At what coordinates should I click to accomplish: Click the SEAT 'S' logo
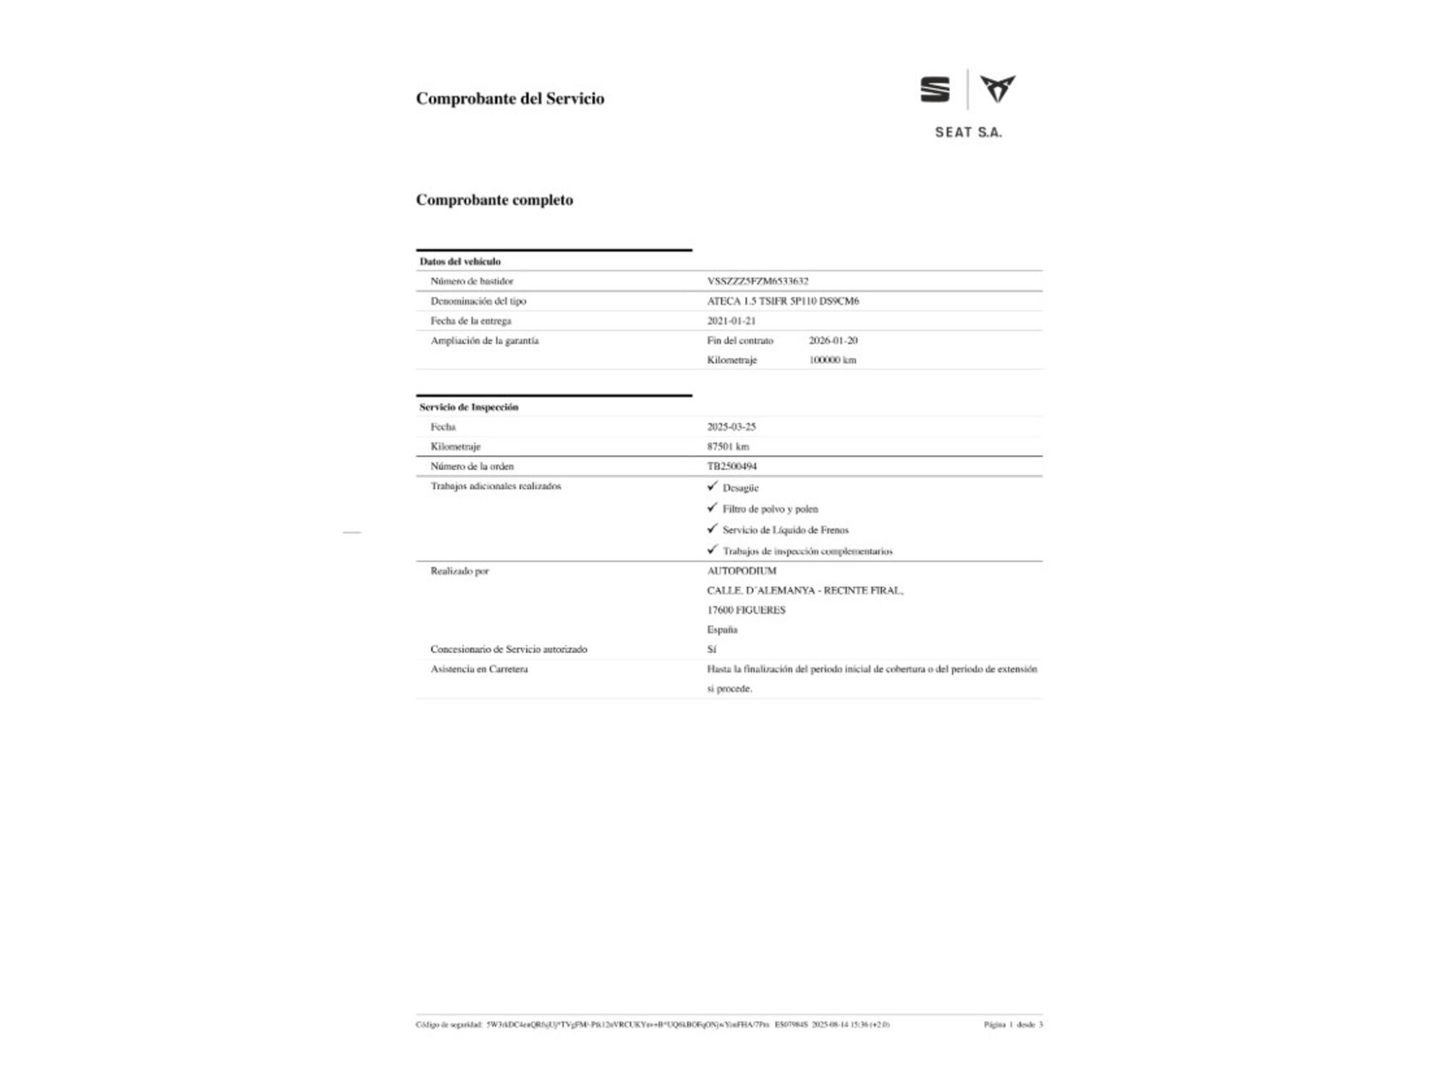(x=935, y=90)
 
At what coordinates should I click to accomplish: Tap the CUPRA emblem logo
(x=998, y=89)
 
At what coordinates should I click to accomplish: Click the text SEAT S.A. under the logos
(x=968, y=132)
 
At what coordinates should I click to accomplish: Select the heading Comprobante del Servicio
(x=510, y=98)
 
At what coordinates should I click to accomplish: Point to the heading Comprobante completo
(x=494, y=200)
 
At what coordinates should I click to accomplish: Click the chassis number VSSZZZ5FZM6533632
(x=758, y=281)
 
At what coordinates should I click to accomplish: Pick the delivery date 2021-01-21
(x=731, y=320)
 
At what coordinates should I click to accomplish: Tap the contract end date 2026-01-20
(x=833, y=340)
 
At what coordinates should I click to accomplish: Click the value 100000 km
(x=832, y=359)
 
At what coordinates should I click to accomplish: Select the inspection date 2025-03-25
(x=731, y=427)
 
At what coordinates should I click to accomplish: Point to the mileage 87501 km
(x=728, y=446)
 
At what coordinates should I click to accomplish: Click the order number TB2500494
(x=731, y=467)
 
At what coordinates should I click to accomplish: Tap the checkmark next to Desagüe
(x=713, y=486)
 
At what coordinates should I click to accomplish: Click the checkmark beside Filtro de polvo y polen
(x=713, y=508)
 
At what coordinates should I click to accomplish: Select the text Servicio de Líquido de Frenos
(x=785, y=530)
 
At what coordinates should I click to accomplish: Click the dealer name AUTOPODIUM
(x=742, y=571)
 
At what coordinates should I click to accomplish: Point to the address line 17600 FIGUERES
(x=746, y=610)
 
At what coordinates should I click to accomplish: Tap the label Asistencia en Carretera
(x=479, y=669)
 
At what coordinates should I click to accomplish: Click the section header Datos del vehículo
(x=460, y=261)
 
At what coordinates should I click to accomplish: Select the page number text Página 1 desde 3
(x=1013, y=1024)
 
